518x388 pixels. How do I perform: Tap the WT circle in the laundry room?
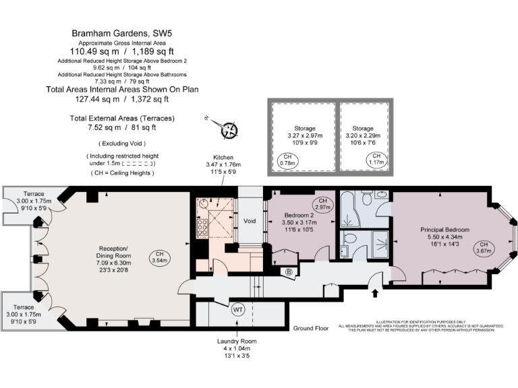pos(237,311)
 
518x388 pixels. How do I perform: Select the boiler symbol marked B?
pos(289,272)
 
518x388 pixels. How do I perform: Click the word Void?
pos(249,220)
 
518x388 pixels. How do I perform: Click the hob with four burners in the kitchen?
pos(201,228)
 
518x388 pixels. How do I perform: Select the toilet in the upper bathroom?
pos(367,196)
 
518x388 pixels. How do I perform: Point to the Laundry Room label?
pos(237,342)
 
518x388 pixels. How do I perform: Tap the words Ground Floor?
pos(310,328)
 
